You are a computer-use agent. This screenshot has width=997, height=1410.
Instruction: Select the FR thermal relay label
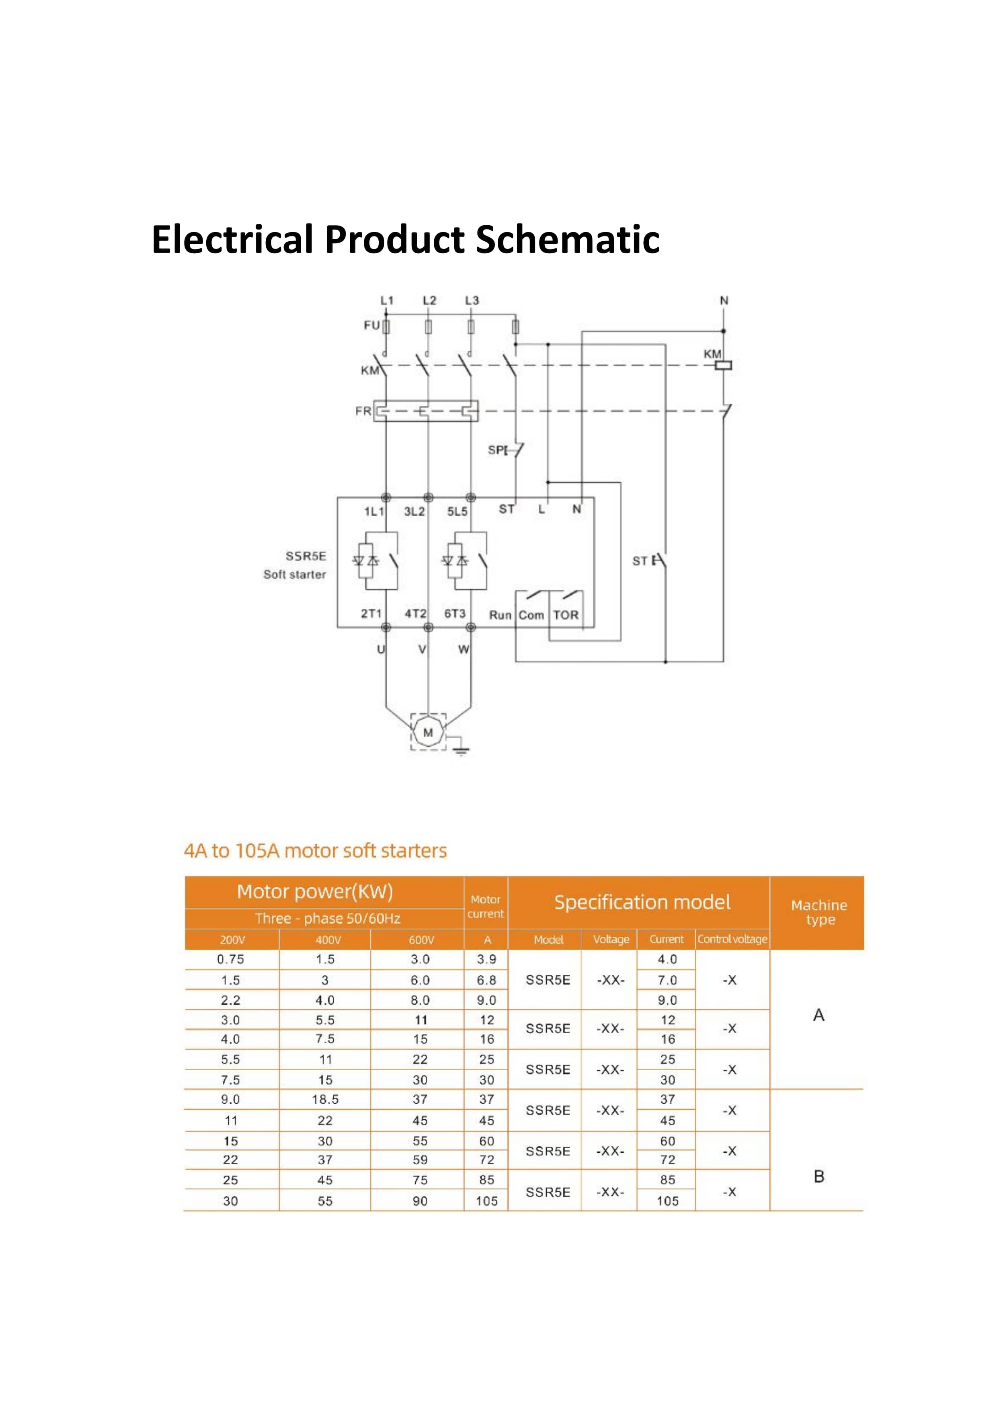(363, 411)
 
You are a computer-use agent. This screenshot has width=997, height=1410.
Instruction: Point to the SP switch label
(496, 450)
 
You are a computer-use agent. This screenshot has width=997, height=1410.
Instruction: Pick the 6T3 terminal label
(455, 614)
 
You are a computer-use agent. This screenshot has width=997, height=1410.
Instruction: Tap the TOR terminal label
(565, 615)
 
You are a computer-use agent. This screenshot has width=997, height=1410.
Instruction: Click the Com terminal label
(531, 615)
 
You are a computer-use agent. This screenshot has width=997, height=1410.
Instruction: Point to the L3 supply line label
(472, 300)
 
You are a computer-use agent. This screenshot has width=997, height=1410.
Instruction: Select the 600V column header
(421, 940)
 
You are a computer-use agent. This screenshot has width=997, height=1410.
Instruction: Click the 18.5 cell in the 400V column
(325, 1099)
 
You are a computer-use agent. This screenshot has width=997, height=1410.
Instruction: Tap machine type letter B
(819, 1176)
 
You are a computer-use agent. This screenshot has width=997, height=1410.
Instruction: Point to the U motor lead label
(381, 649)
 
